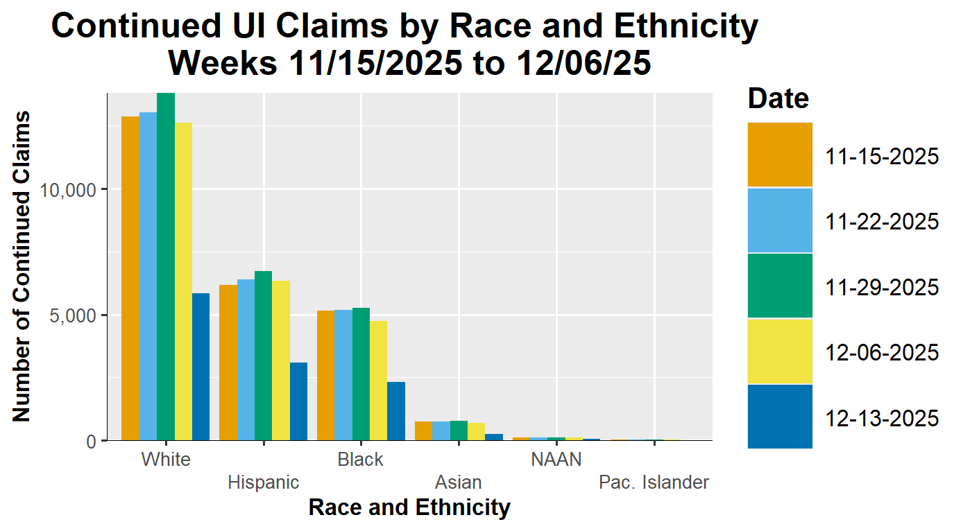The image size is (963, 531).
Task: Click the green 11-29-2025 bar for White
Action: [166, 267]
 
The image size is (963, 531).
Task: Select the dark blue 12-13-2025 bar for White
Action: [201, 367]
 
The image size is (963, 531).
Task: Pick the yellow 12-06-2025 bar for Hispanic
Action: [280, 360]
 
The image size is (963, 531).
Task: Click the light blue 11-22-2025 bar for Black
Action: [343, 375]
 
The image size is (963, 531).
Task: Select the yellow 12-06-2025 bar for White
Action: [183, 281]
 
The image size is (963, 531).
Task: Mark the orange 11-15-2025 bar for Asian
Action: [423, 430]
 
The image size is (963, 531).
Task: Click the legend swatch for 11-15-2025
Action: [780, 155]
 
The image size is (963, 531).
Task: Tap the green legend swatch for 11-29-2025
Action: [780, 286]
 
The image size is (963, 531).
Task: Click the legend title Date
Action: [778, 98]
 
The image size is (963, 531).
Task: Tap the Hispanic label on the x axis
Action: [264, 482]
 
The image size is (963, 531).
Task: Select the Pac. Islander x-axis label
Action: [654, 482]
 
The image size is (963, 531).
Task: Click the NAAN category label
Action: [556, 460]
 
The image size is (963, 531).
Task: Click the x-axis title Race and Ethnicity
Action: [409, 507]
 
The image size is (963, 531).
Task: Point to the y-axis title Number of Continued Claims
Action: [22, 266]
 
